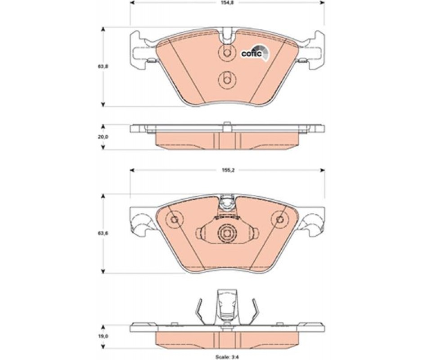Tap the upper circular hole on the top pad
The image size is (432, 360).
click(226, 53)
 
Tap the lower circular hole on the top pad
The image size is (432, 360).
click(226, 80)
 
